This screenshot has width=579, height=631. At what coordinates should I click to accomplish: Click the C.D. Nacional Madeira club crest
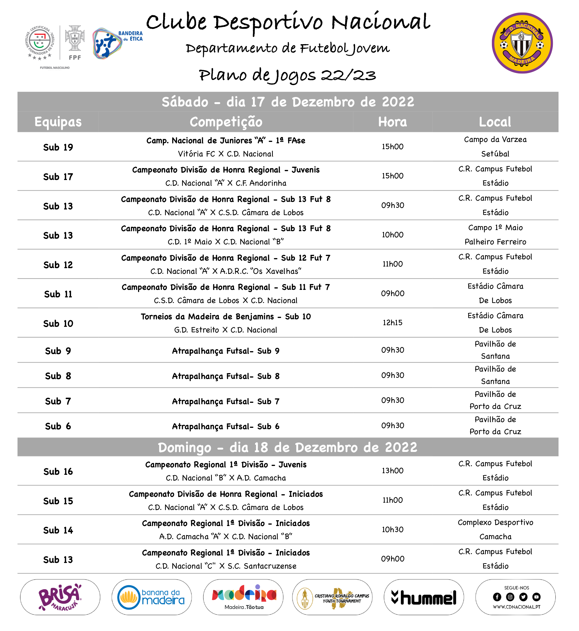(x=522, y=43)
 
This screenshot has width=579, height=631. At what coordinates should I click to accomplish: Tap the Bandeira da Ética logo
(x=117, y=43)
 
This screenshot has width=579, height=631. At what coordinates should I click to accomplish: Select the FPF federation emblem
(x=75, y=42)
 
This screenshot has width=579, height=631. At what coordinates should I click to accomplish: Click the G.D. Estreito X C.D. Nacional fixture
(x=226, y=330)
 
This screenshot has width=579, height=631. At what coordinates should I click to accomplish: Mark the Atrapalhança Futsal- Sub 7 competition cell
(x=226, y=401)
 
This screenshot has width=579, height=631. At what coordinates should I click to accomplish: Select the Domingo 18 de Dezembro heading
(x=287, y=447)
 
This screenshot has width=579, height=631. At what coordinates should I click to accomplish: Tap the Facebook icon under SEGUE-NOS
(x=497, y=597)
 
